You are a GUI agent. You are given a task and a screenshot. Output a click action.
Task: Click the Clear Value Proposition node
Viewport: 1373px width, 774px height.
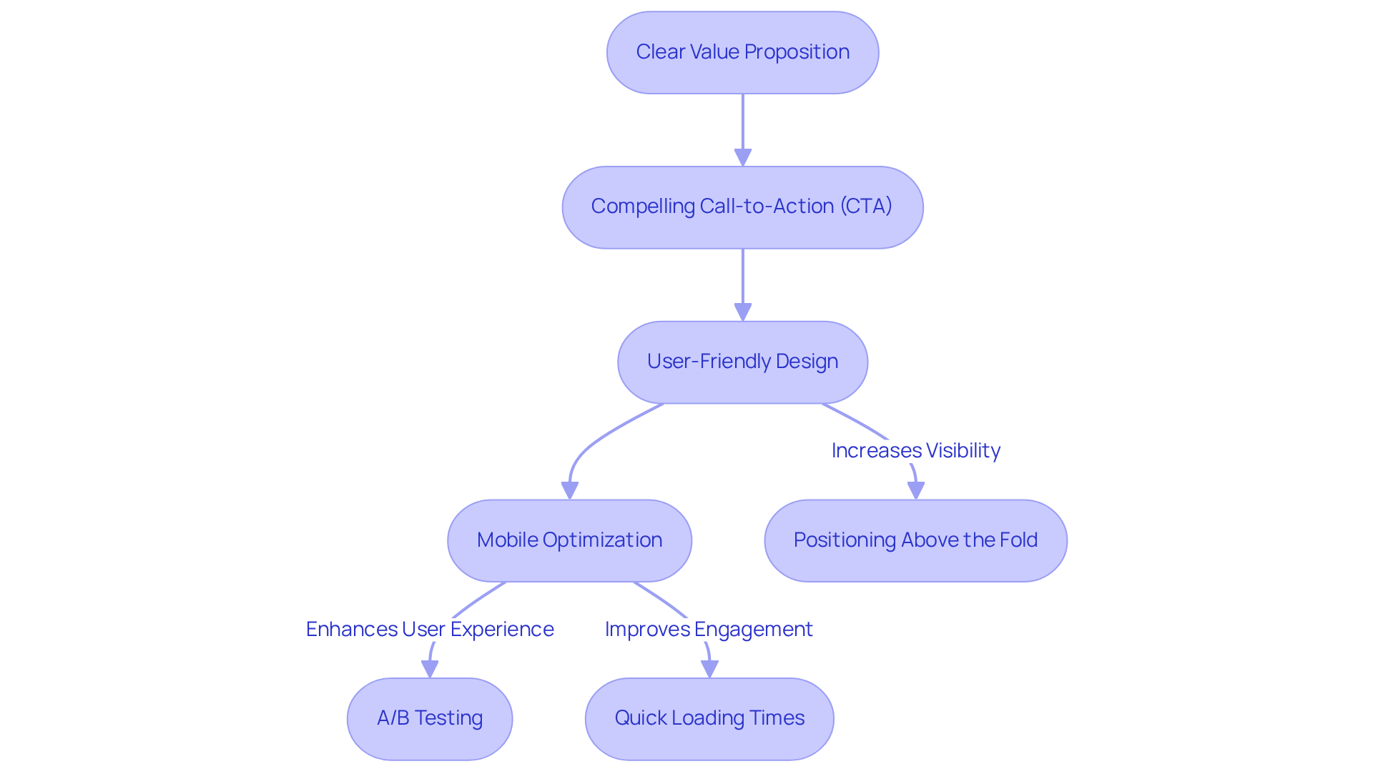742,52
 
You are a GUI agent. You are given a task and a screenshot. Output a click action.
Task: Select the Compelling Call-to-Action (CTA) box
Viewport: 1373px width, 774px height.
742,207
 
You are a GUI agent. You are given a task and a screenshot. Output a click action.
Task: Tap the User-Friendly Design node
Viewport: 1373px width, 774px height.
742,362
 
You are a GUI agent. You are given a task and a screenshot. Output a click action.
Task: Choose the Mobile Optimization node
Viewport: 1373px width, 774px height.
569,540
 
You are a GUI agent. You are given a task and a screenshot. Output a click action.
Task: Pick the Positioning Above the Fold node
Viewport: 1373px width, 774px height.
915,540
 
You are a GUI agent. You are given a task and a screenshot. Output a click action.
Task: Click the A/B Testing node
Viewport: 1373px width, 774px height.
430,718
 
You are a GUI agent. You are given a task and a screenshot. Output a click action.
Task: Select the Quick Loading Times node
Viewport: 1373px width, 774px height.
709,718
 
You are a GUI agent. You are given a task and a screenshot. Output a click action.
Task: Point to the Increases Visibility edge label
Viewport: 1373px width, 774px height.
915,450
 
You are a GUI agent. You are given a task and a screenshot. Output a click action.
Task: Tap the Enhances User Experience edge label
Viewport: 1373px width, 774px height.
430,629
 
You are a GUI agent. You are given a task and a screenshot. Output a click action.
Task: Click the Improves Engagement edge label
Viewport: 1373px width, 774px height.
709,629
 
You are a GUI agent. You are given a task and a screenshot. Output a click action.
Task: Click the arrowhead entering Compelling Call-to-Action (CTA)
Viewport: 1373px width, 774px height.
743,157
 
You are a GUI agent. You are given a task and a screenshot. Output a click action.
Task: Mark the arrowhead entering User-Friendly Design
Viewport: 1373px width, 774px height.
743,312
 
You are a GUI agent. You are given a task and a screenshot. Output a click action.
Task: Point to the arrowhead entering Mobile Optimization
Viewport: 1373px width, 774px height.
570,490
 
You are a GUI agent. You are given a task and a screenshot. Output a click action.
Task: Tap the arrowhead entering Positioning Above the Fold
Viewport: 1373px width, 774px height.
916,490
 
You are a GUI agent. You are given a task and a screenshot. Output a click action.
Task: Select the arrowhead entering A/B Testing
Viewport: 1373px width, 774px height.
430,669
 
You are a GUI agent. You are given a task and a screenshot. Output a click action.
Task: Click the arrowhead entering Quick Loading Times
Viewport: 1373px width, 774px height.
709,669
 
